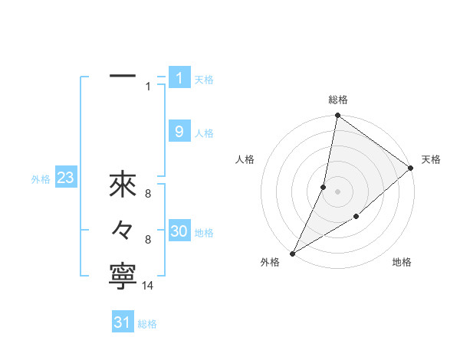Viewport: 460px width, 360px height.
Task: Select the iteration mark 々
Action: coord(123,230)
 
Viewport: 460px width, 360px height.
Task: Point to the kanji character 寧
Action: coord(123,277)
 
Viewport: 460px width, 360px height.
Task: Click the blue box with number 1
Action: coord(179,77)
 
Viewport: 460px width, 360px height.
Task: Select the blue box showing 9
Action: coord(179,132)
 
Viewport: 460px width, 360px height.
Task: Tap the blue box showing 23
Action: coord(65,178)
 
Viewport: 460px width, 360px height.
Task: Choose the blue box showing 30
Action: coord(179,231)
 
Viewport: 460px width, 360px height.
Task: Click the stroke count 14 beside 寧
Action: coord(148,286)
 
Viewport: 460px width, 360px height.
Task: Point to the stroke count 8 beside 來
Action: coord(148,195)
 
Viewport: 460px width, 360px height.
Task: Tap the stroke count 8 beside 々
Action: coord(148,240)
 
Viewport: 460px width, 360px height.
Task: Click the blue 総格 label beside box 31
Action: coord(147,324)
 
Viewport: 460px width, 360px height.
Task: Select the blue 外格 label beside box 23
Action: coord(41,180)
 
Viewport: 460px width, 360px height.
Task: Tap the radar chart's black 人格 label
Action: coord(245,159)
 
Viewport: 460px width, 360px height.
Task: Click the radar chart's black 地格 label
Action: coord(402,263)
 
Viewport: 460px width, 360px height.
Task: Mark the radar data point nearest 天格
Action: coord(411,169)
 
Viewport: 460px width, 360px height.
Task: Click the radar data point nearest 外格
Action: coord(292,254)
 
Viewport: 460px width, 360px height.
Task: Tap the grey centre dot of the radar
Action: coord(338,191)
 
